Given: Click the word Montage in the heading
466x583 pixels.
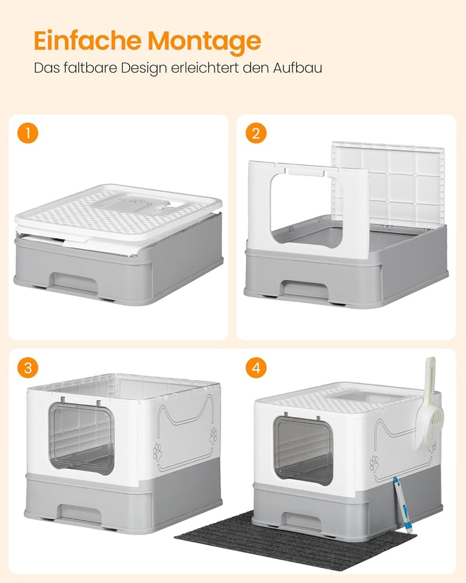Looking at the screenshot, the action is point(204,41).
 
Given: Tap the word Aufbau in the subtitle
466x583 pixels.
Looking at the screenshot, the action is point(298,68).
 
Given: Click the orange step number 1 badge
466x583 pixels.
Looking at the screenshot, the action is point(28,133).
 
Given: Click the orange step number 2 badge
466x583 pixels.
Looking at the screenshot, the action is point(256,133).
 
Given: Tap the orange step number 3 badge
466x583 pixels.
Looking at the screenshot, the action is point(28,367).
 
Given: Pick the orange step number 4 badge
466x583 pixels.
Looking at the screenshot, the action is point(256,367).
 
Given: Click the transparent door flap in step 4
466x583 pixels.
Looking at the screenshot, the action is point(303,450).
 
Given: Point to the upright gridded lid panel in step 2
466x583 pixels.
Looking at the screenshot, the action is point(388,184).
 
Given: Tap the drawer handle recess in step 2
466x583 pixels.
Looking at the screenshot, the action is point(305,289).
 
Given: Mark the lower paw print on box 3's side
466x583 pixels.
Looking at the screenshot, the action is point(157,452).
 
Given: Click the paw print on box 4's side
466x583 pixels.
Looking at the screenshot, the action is point(374,464).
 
